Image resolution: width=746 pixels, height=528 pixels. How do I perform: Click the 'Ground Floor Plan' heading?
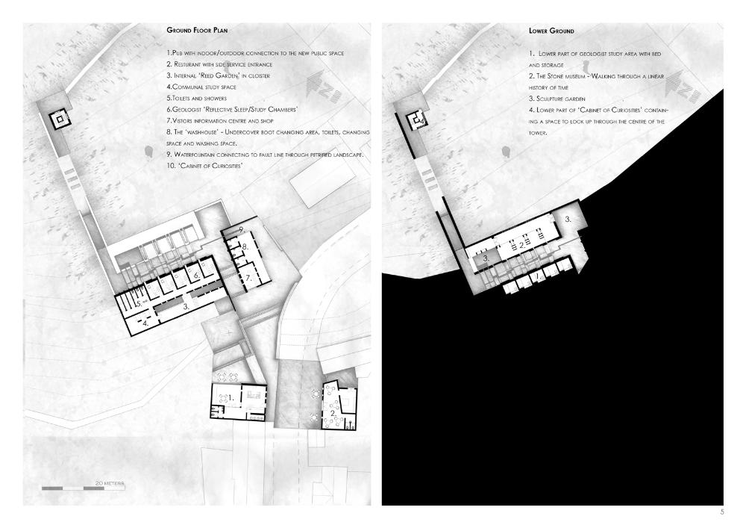coord(197,30)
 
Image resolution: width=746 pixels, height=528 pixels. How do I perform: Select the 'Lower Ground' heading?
coord(551,31)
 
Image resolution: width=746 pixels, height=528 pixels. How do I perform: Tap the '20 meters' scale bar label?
coord(110,483)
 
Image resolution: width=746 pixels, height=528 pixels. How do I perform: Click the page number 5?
coord(721,512)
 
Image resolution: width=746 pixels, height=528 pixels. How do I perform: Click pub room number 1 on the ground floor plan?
coord(231,397)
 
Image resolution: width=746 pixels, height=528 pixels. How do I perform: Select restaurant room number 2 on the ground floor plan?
coord(333,413)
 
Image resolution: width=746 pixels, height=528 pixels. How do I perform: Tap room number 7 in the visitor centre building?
coord(248,278)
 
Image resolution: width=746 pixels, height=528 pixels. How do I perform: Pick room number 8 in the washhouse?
coord(245,246)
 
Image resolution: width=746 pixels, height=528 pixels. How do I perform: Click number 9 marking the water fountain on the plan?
coord(242,230)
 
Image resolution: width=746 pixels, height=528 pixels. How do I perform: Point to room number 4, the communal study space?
coord(145,323)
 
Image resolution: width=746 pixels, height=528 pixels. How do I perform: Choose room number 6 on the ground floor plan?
coord(196,275)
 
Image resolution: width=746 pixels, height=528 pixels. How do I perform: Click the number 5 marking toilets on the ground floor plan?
coord(139,303)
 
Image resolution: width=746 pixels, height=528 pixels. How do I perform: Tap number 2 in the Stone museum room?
coord(522,245)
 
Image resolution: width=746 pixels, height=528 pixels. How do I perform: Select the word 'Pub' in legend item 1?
coord(177,53)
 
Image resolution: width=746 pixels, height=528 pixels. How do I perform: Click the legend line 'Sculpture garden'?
coord(557,99)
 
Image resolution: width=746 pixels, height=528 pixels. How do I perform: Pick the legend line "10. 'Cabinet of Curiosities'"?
coord(204,166)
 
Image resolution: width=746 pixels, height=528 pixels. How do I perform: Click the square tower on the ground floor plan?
coord(60,119)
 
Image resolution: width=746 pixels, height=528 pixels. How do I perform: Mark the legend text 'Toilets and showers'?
coord(196,98)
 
